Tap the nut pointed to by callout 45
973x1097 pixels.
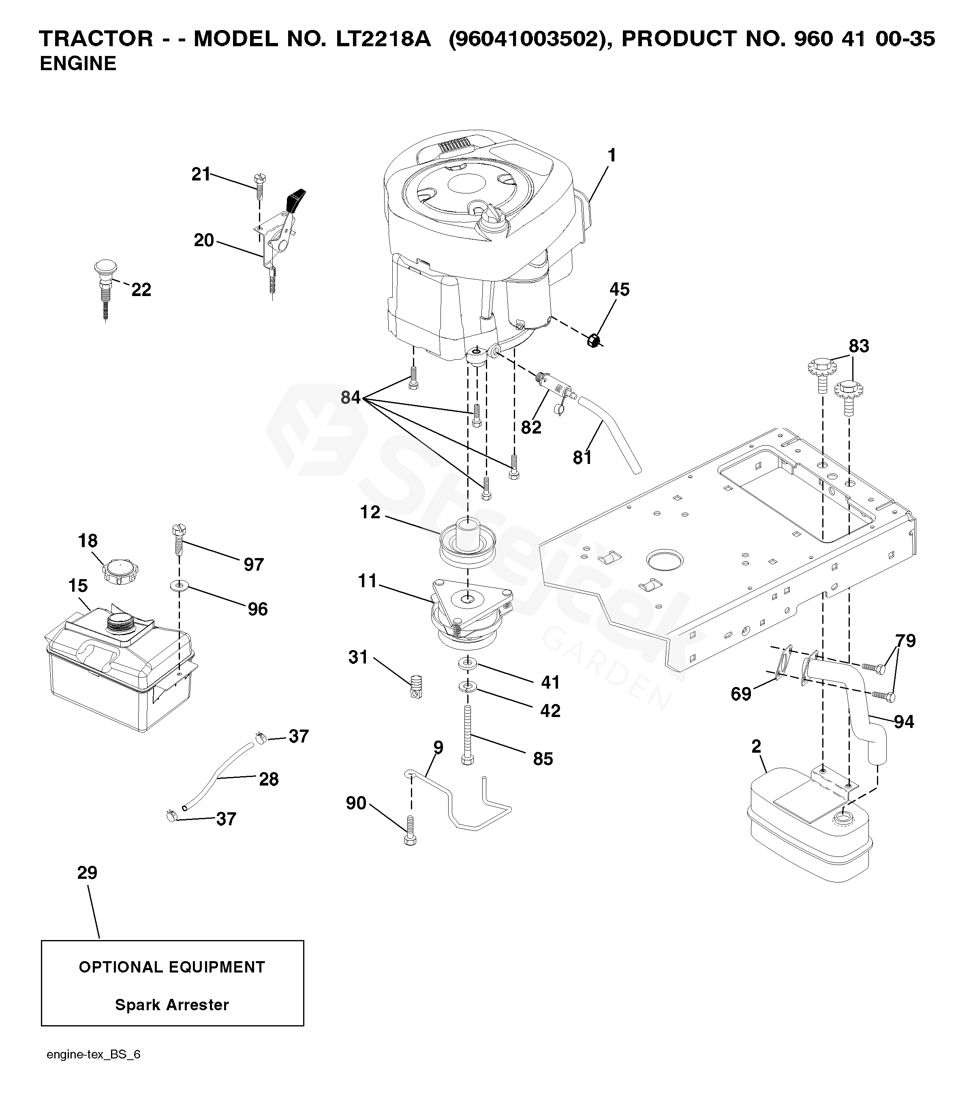[x=593, y=340]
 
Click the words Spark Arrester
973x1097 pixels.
[x=172, y=1005]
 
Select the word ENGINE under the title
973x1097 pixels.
[x=78, y=64]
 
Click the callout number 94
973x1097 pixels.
[x=904, y=722]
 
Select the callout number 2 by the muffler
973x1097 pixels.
[x=756, y=747]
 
